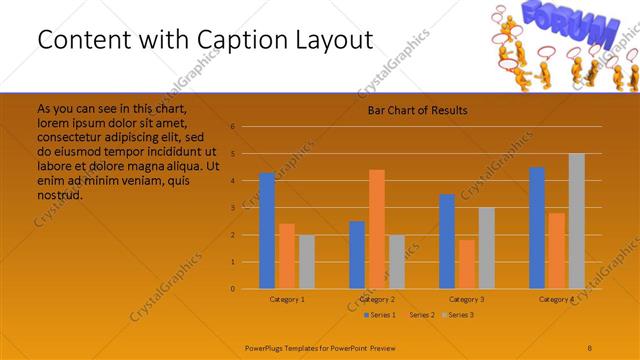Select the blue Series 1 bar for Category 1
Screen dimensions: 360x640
pyautogui.click(x=267, y=231)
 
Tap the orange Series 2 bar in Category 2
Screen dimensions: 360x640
pyautogui.click(x=376, y=229)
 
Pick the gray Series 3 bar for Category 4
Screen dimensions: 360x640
pyautogui.click(x=576, y=221)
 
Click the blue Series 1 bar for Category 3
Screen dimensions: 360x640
pyautogui.click(x=447, y=241)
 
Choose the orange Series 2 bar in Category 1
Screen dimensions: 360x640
pyautogui.click(x=286, y=256)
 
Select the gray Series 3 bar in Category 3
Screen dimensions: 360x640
pyautogui.click(x=486, y=248)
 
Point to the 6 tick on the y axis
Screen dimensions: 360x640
pyautogui.click(x=232, y=127)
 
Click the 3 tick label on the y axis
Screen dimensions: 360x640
pyautogui.click(x=232, y=208)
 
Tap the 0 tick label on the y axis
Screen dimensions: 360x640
pyautogui.click(x=232, y=289)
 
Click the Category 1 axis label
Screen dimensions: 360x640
pyautogui.click(x=287, y=299)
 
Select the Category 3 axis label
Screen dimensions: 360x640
pyautogui.click(x=467, y=299)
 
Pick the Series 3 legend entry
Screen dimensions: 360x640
pyautogui.click(x=460, y=315)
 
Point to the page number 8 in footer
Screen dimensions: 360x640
pyautogui.click(x=589, y=347)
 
